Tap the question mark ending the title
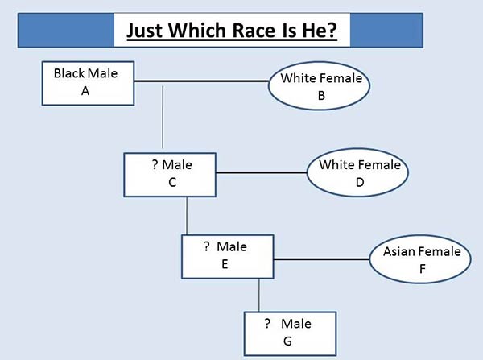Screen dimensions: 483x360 332,31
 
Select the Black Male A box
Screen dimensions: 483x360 88,83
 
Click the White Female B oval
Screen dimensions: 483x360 319,85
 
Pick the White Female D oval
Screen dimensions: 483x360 357,172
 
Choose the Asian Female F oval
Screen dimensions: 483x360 420,259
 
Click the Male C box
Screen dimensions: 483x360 170,175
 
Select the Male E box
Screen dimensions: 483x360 228,257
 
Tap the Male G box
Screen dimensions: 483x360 290,333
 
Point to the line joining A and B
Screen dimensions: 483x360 201,81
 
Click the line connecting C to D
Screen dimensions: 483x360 262,172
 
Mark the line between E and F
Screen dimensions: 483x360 321,259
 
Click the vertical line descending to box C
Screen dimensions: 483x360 163,117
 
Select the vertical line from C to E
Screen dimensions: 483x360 187,216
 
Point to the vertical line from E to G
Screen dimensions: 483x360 258,296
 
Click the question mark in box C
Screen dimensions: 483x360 155,164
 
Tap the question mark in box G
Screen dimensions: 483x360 267,323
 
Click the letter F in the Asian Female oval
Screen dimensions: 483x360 423,269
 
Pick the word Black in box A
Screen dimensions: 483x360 69,73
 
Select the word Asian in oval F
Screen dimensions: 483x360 398,251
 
